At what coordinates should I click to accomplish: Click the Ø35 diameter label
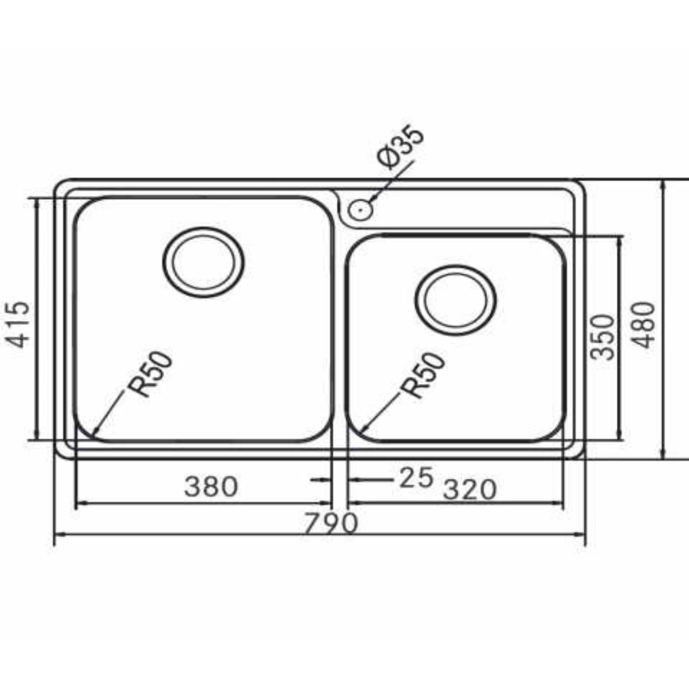pos(401,147)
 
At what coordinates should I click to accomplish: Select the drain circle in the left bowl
pos(204,262)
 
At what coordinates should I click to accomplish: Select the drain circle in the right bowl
pos(456,300)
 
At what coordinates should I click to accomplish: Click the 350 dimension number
pos(603,337)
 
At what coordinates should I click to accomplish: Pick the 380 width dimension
pos(211,487)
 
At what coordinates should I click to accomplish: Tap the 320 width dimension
pos(469,490)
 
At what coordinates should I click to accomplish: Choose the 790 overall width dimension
pos(330,524)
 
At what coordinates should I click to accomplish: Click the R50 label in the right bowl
pos(424,376)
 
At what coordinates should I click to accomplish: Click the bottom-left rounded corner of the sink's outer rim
pos(61,452)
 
